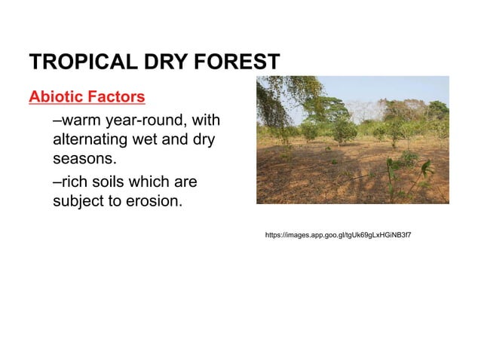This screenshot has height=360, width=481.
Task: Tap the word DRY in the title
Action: tap(164, 62)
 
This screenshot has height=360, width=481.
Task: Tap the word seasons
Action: tap(84, 160)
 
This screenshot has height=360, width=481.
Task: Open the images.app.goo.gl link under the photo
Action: tap(338, 236)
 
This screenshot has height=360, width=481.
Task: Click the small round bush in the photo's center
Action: tap(344, 133)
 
